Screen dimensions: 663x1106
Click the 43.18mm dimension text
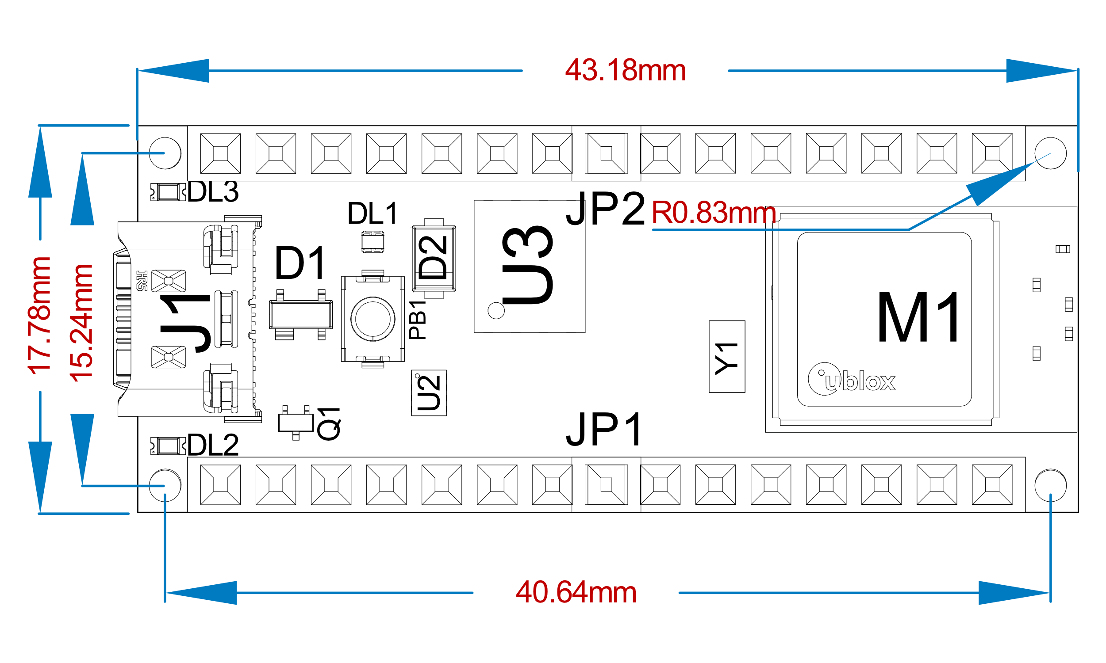[x=625, y=71]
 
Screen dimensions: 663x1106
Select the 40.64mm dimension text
[x=576, y=593]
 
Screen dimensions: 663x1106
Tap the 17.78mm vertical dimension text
[x=39, y=316]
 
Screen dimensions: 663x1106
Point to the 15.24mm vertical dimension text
[x=81, y=323]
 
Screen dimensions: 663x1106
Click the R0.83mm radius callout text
[x=714, y=213]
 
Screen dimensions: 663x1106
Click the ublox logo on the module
[x=852, y=380]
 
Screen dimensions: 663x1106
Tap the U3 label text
[x=527, y=265]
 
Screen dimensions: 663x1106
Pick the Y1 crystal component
[x=726, y=357]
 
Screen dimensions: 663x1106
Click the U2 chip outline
[x=429, y=392]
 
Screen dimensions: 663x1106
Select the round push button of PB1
[x=373, y=319]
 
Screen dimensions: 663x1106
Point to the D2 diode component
[x=434, y=258]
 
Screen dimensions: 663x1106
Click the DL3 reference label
[x=213, y=192]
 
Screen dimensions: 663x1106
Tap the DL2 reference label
[x=213, y=445]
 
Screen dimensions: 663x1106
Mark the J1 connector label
[x=185, y=324]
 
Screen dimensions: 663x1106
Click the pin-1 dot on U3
[x=496, y=310]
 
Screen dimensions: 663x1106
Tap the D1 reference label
[x=300, y=263]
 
